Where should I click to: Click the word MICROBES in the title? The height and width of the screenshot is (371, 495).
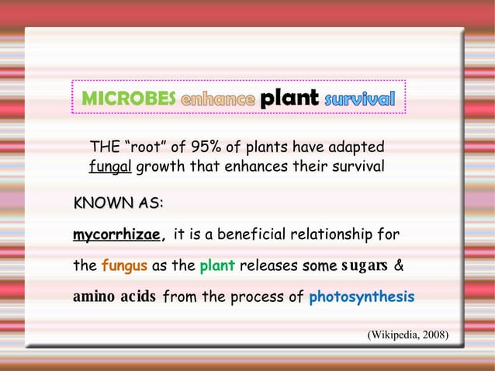pos(128,99)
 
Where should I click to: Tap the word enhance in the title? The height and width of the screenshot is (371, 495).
pos(217,99)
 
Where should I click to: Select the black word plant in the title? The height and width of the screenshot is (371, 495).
pos(289,98)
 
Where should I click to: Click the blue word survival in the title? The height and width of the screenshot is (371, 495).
pos(359,99)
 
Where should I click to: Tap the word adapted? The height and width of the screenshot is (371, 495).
pos(352,147)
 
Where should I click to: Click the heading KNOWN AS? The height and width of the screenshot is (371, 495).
pos(118,203)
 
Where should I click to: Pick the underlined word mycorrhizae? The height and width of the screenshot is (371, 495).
pos(116,234)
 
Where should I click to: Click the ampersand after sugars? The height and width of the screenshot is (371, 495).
pos(399,266)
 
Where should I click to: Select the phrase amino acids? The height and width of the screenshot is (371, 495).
pos(115,297)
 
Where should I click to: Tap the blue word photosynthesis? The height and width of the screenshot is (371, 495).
pos(362,297)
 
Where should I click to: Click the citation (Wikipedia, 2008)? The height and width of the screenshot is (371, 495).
pos(407,335)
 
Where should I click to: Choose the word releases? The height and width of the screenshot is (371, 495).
pos(268,266)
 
